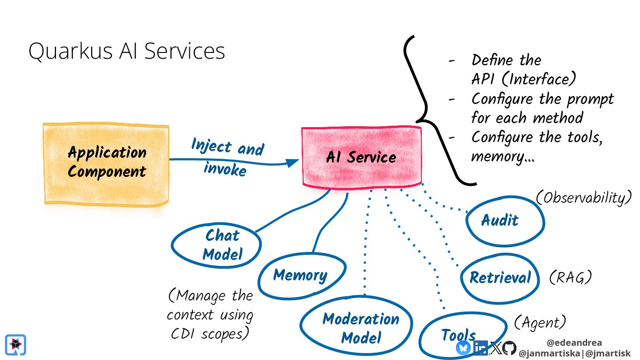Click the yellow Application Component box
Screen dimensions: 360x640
tap(106, 163)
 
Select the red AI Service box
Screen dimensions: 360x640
tap(361, 156)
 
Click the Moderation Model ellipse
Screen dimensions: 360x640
tap(360, 328)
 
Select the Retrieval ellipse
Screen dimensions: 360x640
tap(500, 278)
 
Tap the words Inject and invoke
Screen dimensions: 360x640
tap(227, 156)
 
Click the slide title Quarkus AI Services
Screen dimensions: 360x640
tap(127, 51)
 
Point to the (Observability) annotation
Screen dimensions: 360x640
tap(584, 198)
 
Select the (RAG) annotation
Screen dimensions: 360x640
tap(570, 277)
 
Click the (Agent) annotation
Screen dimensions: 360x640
tap(540, 322)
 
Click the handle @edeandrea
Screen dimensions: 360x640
tap(574, 343)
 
